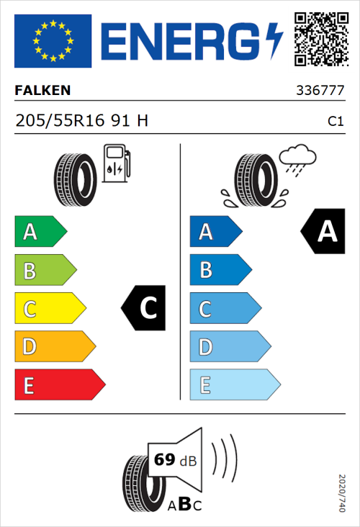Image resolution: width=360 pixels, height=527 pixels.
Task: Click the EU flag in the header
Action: (53, 41)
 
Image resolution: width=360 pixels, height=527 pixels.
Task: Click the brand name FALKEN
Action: (42, 91)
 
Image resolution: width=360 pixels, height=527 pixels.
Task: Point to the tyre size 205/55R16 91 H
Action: (81, 121)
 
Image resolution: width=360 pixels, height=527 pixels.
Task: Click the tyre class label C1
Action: (336, 122)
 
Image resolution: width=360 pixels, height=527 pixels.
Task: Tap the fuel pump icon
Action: (117, 163)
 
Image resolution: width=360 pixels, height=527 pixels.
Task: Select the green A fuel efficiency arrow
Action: (40, 232)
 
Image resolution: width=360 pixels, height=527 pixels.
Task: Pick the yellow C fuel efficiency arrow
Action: (49, 309)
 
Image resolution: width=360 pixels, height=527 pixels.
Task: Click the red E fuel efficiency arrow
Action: (59, 385)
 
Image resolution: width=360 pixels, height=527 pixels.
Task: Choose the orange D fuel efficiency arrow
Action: (54, 347)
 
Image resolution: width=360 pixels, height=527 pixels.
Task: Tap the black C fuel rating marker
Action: (144, 308)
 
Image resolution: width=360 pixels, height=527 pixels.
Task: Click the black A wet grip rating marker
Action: (323, 231)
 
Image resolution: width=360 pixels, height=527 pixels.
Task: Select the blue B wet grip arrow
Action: (220, 270)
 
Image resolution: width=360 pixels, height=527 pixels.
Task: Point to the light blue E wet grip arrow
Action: (234, 385)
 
